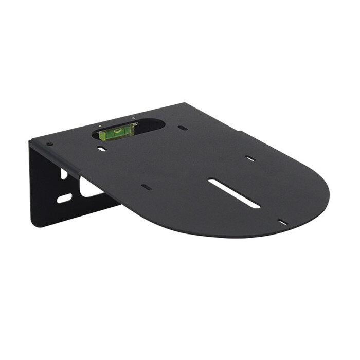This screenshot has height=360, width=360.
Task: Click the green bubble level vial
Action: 116,133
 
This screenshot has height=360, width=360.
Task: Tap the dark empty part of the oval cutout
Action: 150,125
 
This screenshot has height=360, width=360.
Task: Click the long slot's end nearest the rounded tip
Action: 256,205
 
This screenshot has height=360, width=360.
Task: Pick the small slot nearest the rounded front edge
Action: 282,222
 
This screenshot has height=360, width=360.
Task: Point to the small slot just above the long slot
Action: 250,158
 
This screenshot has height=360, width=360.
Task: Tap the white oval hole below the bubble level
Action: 102,149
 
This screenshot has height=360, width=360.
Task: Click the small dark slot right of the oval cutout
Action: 183,128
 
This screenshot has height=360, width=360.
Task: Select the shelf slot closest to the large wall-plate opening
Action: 147,187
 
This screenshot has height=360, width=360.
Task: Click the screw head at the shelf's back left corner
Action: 49,144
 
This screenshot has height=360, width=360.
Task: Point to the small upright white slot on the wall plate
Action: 64,174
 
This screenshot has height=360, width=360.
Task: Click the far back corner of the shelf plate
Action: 183,103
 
